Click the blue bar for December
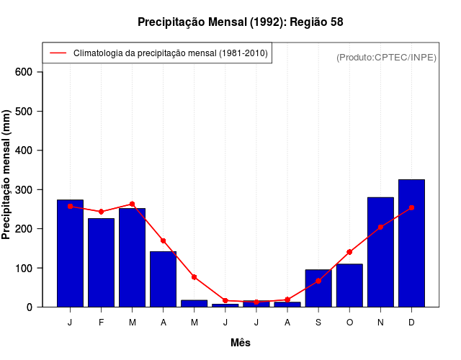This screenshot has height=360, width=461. pos(411,243)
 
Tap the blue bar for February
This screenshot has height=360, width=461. pos(101,263)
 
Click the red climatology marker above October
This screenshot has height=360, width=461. pos(349,252)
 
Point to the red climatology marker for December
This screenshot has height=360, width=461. pos(411,207)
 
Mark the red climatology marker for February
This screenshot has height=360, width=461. pos(101,212)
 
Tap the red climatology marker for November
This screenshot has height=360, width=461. pos(380,227)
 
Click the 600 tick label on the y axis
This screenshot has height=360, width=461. pos(24,72)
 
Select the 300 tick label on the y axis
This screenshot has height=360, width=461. pos(24,189)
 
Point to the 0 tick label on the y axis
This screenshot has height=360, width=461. pos(30,307)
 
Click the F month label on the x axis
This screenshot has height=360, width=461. pos(101,323)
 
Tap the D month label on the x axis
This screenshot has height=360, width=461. pos(411,323)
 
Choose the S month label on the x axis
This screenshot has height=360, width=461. pos(318,323)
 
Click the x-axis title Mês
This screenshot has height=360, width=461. pos(241,343)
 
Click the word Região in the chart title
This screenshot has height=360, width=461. pos(308,22)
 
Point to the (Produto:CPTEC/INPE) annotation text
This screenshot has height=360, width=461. pos(386,57)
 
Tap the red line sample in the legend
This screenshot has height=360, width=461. pos(58,53)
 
